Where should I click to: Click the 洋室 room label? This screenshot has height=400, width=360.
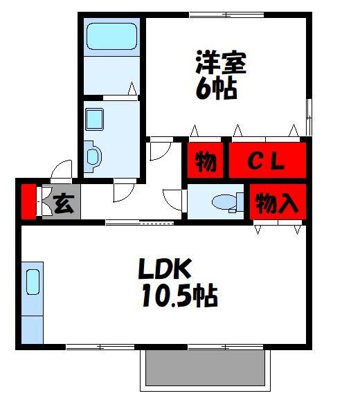[221, 64]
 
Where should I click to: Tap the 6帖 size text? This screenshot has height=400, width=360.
[215, 89]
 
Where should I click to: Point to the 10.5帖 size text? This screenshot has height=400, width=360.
[179, 297]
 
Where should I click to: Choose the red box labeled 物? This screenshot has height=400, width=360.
[204, 161]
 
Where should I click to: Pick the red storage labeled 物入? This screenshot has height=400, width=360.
[277, 203]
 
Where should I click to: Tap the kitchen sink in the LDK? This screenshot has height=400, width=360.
[33, 283]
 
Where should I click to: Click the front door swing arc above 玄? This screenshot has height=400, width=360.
[63, 171]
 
